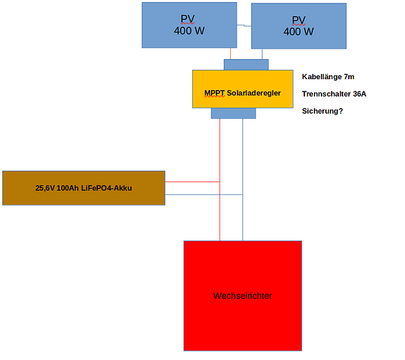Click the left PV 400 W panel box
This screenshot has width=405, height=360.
189,25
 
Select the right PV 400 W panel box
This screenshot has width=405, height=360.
299,26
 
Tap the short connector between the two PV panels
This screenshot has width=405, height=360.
244,25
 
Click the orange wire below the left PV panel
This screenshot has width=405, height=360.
230,54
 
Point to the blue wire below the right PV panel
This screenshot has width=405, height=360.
262,54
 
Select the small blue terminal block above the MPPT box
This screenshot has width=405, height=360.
246,65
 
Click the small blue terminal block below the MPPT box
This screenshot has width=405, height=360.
234,113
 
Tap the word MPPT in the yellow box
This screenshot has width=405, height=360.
214,93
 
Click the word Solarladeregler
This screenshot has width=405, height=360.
254,93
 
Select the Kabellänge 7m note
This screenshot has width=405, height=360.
328,77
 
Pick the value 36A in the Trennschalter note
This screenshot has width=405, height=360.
360,94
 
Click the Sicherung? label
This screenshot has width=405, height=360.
322,111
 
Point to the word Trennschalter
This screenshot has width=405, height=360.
327,94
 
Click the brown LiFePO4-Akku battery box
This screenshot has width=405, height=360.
83,188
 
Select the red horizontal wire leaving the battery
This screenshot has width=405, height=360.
192,181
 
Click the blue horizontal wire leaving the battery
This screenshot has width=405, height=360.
204,194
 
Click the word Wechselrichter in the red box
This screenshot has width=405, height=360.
242,296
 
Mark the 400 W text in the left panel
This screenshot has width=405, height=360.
189,31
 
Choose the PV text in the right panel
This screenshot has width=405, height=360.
299,20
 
